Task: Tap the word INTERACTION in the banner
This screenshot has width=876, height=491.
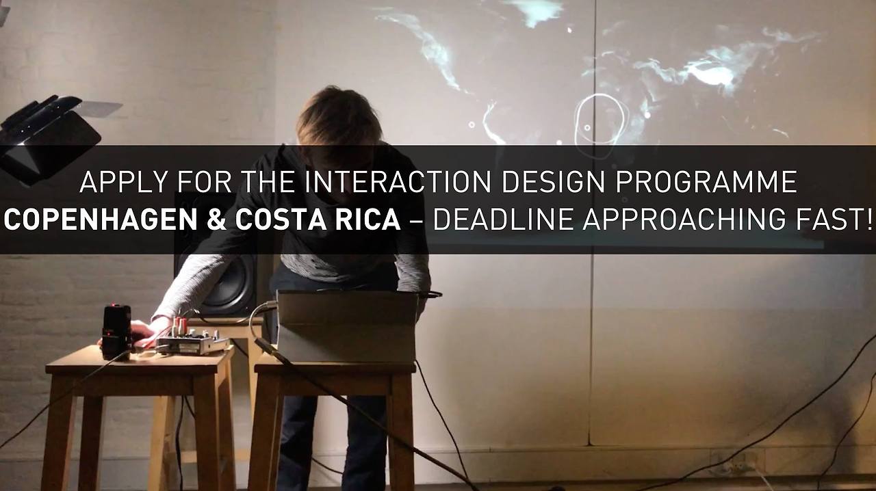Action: coord(398,182)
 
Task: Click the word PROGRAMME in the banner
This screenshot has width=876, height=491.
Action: coord(706,182)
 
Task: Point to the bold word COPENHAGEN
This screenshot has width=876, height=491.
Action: coord(101,220)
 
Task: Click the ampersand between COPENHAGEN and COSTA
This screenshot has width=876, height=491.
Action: coord(217,220)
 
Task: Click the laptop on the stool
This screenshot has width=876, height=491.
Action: coord(346,326)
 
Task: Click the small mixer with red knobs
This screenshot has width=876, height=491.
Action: coord(192,339)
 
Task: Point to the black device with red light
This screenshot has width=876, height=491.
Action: coord(116,332)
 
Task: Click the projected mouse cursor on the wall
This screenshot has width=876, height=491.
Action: coord(569,29)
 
